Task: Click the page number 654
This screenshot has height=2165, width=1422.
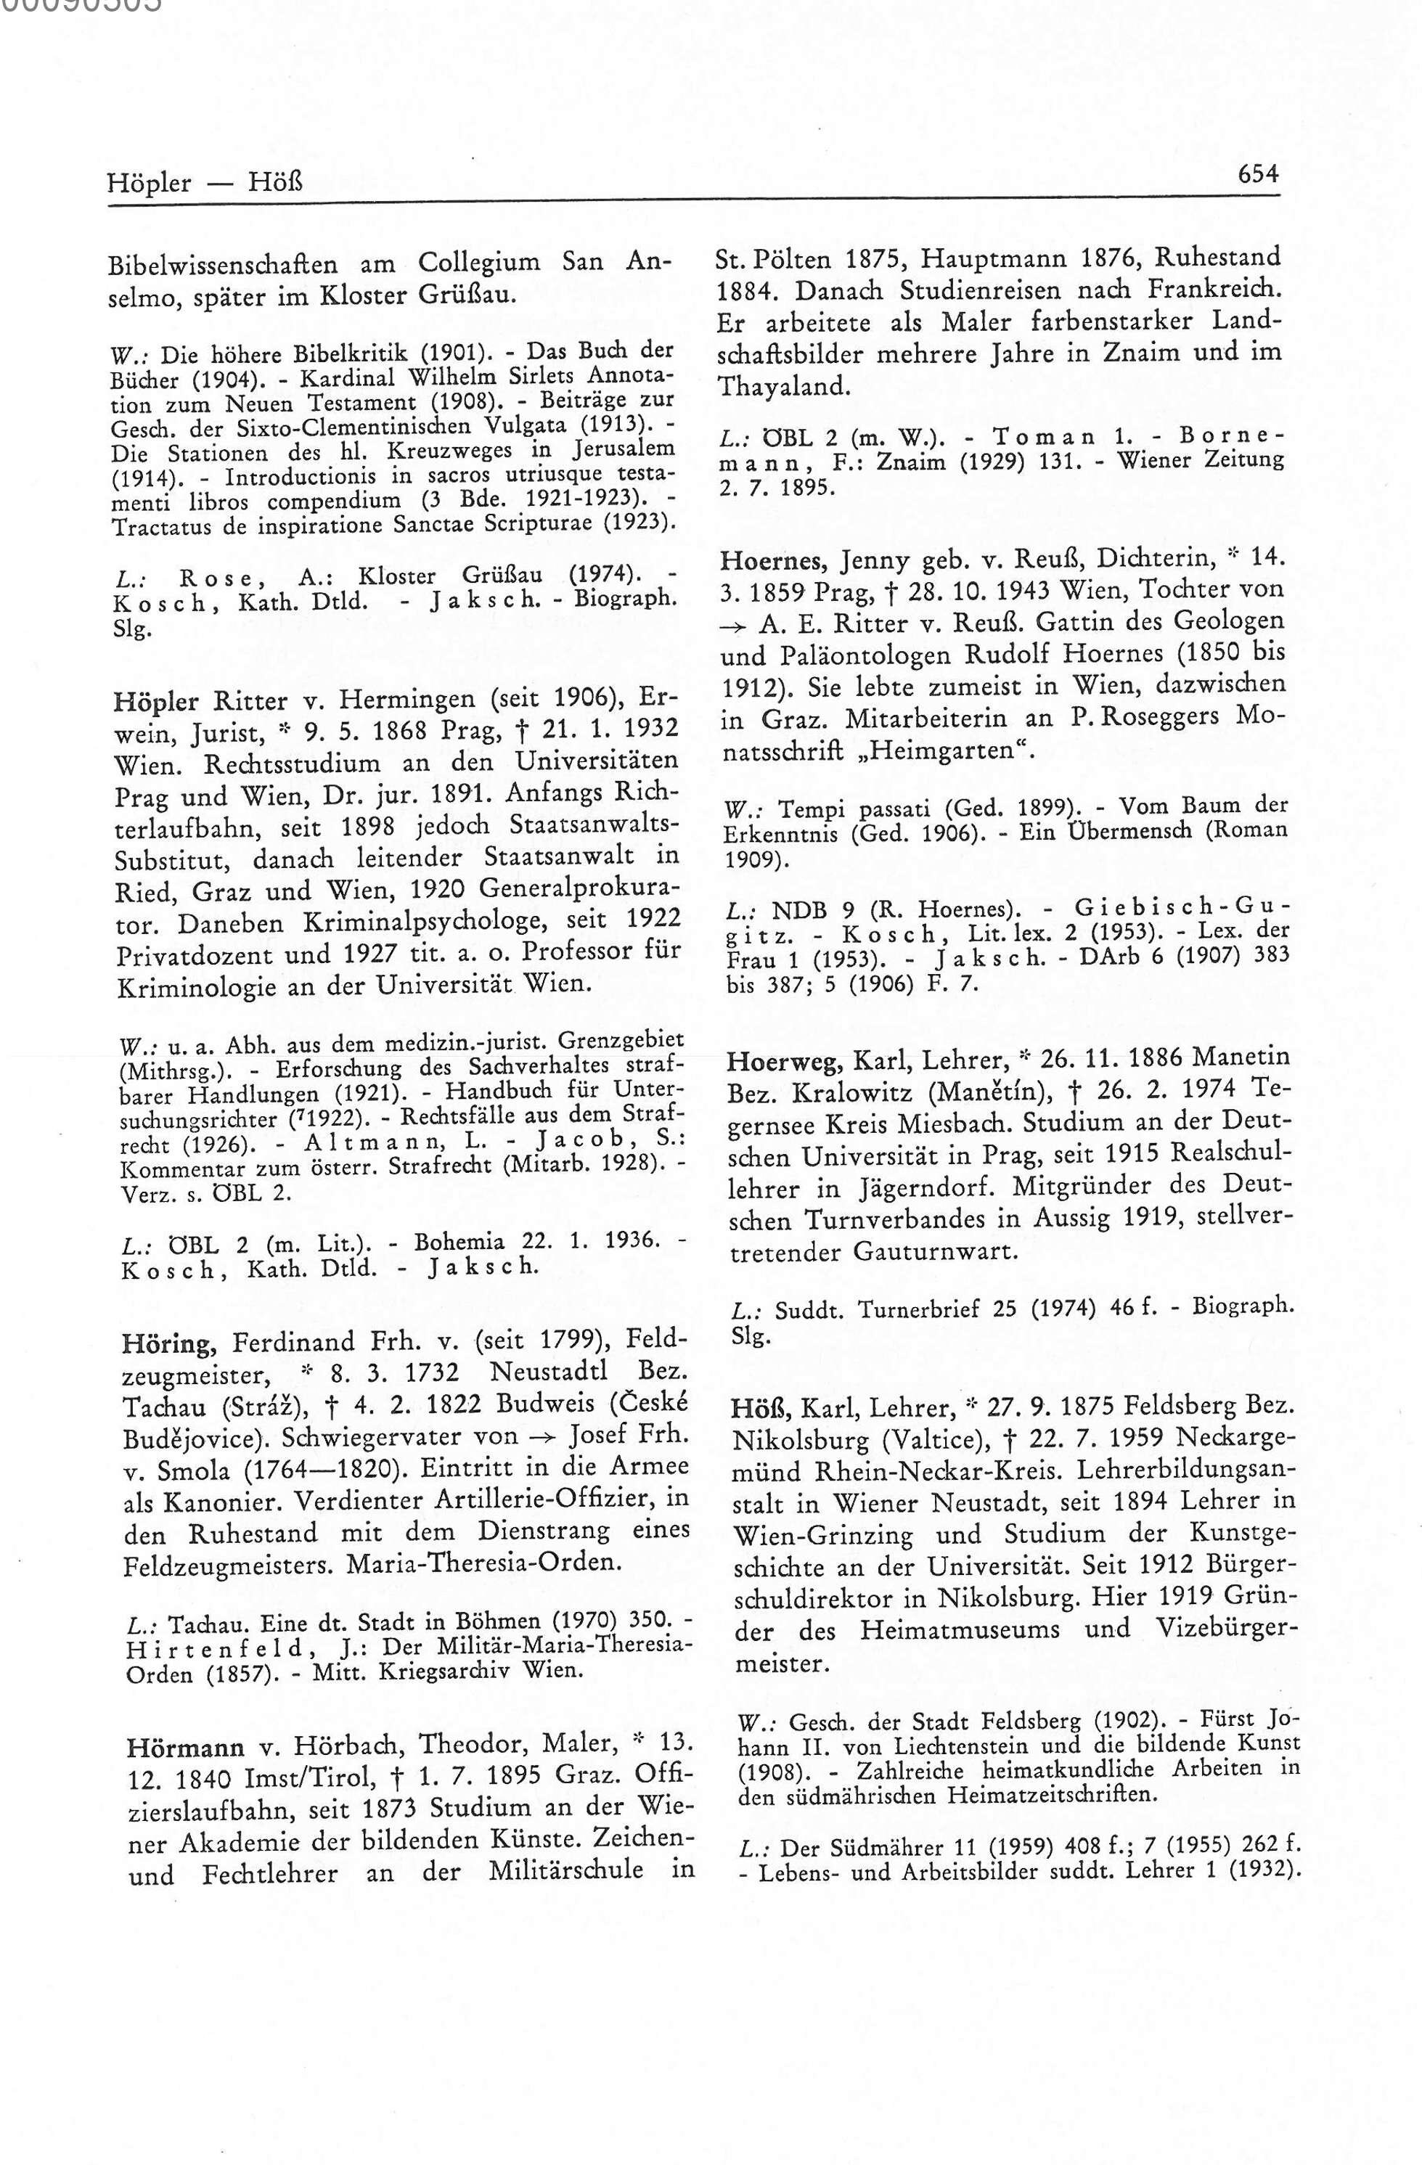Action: [1257, 173]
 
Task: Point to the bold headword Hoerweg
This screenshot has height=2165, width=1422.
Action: [782, 1058]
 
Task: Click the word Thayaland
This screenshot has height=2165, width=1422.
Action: [782, 387]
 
